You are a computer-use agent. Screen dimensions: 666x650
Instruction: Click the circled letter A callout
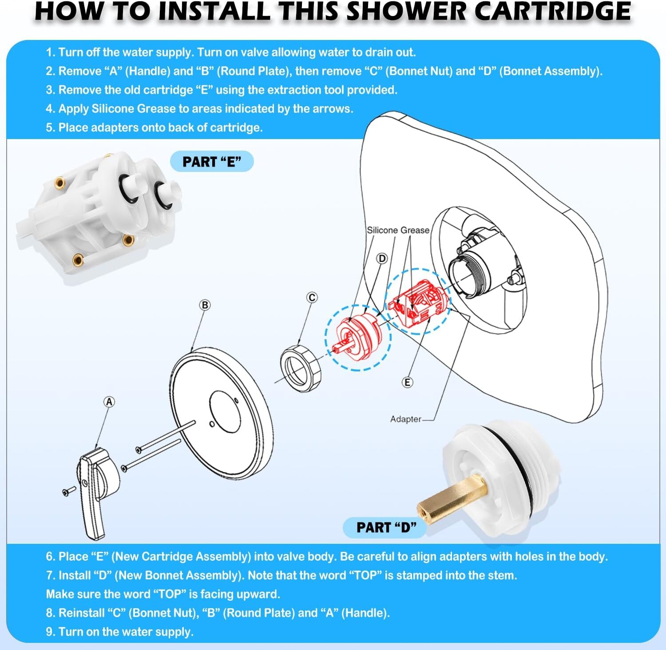pos(109,402)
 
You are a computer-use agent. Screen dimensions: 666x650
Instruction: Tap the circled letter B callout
pos(205,305)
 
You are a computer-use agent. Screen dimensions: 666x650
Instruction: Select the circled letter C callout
pos(312,297)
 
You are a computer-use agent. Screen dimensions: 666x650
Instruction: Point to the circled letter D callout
pos(382,258)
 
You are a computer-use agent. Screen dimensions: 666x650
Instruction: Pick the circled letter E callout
pos(407,382)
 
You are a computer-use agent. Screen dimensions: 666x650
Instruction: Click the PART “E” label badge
pos(212,162)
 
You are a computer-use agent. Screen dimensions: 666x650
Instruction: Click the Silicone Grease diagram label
pos(398,230)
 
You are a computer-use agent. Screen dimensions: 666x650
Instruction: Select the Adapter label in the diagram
pos(406,419)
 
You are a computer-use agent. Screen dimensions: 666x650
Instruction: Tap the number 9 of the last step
pos(49,632)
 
